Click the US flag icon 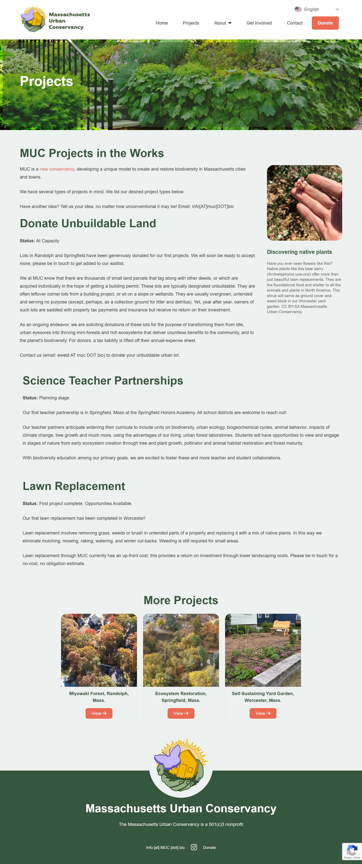(298, 9)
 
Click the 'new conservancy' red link (57, 169)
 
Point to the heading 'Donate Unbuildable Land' (88, 223)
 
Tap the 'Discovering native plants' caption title (299, 252)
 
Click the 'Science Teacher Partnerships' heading (103, 381)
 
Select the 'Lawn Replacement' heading (74, 486)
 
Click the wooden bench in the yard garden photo (281, 627)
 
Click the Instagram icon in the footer (194, 847)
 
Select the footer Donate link (209, 848)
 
